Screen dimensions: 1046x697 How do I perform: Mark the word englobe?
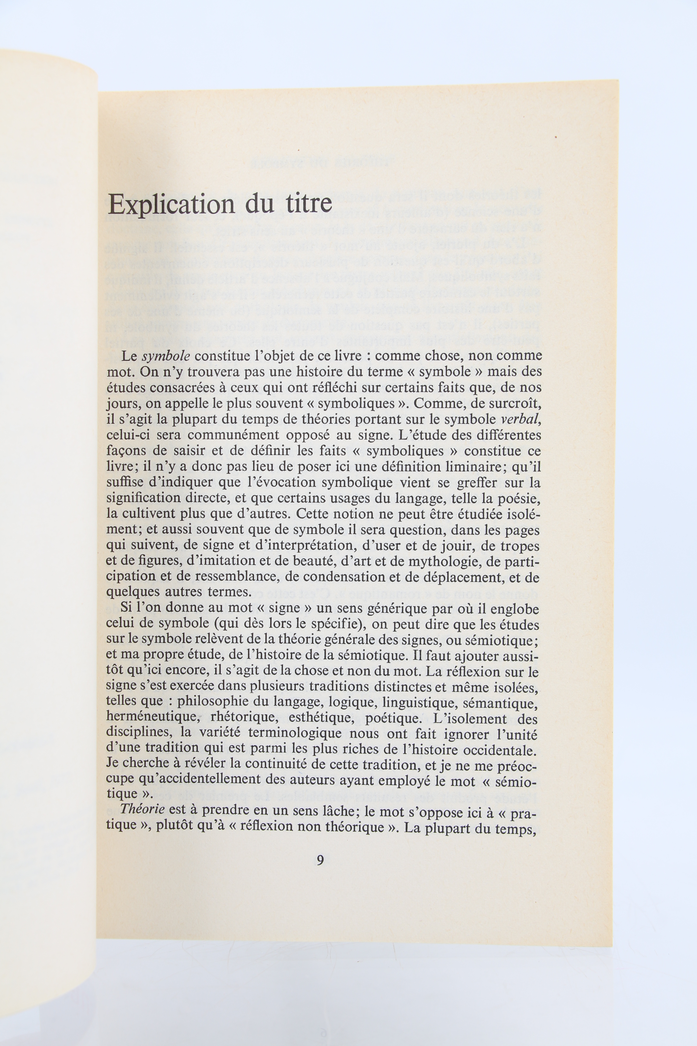pyautogui.click(x=515, y=609)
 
